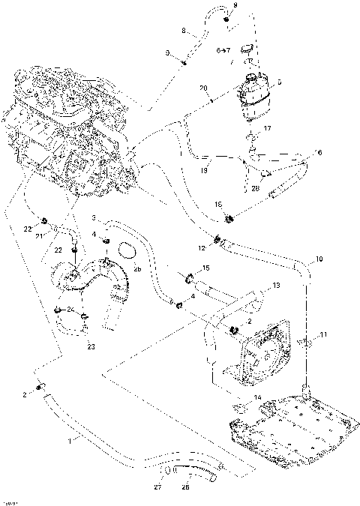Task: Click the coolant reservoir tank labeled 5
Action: pyautogui.click(x=254, y=96)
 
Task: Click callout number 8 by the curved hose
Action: pyautogui.click(x=184, y=31)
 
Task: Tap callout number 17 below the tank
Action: pyautogui.click(x=268, y=129)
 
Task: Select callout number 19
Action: pyautogui.click(x=204, y=171)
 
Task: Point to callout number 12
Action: pyautogui.click(x=202, y=247)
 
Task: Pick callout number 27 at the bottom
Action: pyautogui.click(x=157, y=488)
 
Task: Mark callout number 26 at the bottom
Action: pyautogui.click(x=186, y=488)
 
